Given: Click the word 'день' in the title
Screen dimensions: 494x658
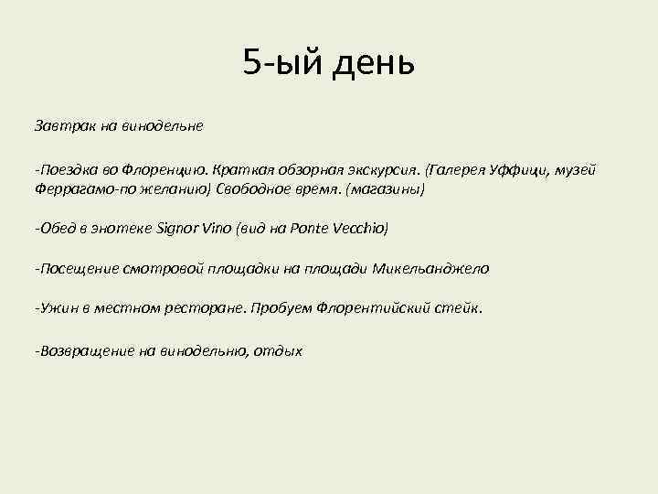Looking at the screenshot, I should pyautogui.click(x=377, y=63).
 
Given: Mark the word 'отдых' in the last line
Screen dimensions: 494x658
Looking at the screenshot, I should pyautogui.click(x=279, y=350).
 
